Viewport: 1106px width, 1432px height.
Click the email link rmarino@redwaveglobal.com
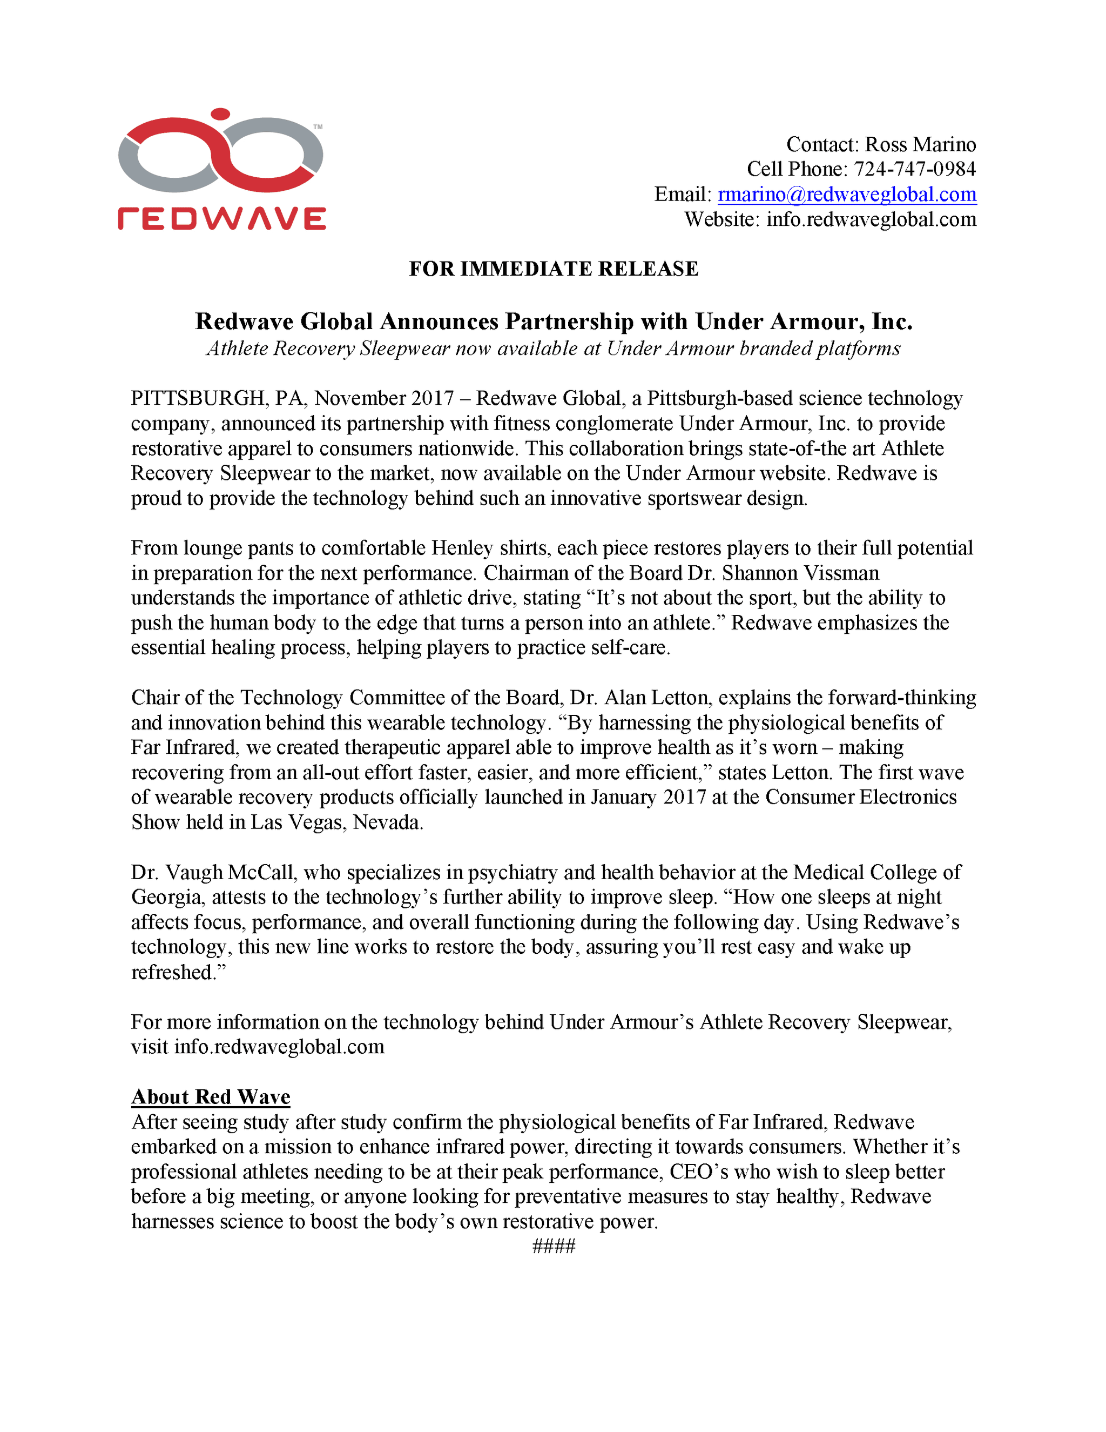tap(847, 194)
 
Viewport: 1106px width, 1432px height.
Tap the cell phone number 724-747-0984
tap(915, 169)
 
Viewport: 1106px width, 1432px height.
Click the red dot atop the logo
tap(221, 114)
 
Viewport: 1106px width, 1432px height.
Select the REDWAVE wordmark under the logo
tap(221, 218)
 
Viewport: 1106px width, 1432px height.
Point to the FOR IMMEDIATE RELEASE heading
tap(554, 269)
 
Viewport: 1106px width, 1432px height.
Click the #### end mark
tap(554, 1247)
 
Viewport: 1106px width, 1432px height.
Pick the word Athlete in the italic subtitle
tap(237, 349)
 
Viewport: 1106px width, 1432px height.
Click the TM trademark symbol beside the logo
tap(318, 126)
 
